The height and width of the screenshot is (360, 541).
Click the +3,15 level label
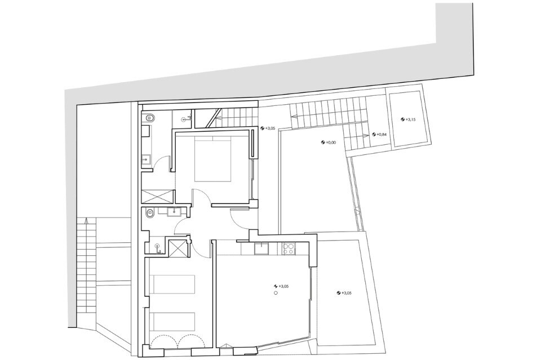(408, 119)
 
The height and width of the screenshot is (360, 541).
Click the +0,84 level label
(379, 135)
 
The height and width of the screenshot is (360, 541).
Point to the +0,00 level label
(329, 143)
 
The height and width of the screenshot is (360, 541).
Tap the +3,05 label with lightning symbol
(281, 286)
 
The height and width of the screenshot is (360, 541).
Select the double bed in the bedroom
(212, 159)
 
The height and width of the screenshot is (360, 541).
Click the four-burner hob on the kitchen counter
(288, 248)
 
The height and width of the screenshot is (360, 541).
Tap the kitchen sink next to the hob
(261, 248)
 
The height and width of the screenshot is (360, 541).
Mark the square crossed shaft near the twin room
(178, 247)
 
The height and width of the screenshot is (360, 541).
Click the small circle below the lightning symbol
(276, 293)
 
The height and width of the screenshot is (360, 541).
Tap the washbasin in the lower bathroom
(175, 211)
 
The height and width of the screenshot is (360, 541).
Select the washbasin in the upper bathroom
(147, 159)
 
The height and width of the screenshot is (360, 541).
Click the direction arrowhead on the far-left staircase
(86, 221)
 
